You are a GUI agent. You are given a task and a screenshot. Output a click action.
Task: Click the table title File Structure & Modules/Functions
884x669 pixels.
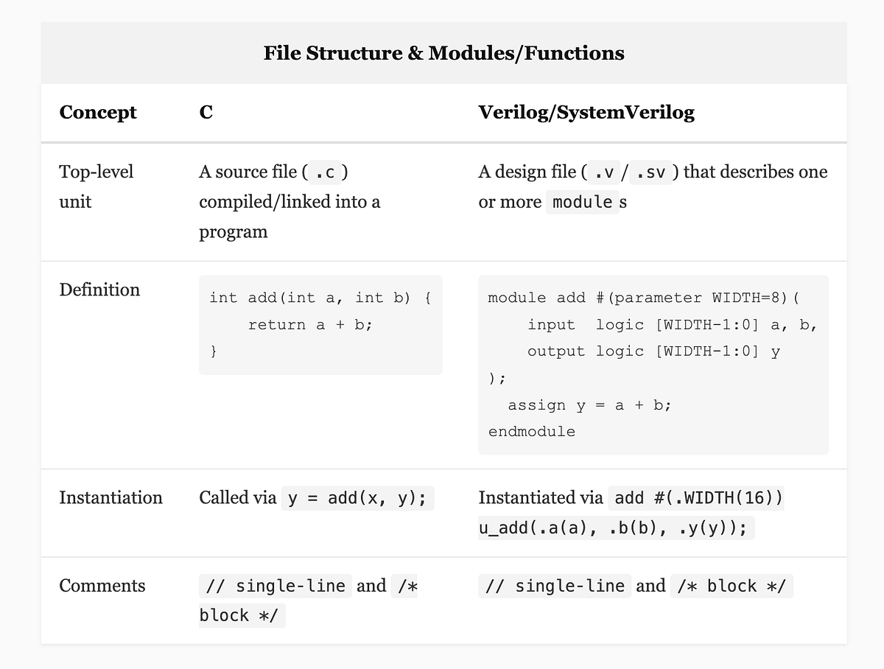pyautogui.click(x=443, y=53)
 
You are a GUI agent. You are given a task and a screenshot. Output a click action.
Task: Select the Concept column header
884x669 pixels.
pyautogui.click(x=98, y=113)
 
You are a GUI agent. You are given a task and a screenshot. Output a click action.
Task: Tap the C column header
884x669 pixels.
pyautogui.click(x=206, y=113)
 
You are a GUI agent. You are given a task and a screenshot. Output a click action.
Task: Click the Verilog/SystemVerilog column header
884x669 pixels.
pyautogui.click(x=586, y=113)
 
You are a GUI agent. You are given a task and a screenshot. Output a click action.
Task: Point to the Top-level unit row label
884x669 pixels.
pyautogui.click(x=96, y=186)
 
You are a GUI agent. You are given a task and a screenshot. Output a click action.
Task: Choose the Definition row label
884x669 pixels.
pyautogui.click(x=99, y=290)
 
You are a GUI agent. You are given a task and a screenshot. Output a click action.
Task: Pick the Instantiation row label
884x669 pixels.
pyautogui.click(x=110, y=497)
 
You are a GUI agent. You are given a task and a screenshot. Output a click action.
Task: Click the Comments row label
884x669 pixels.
pyautogui.click(x=102, y=586)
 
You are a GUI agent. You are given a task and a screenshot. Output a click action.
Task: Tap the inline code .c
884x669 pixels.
pyautogui.click(x=326, y=172)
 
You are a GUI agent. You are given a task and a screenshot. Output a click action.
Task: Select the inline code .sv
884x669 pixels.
pyautogui.click(x=650, y=172)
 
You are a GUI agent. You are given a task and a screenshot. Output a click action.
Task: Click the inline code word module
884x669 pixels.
pyautogui.click(x=582, y=202)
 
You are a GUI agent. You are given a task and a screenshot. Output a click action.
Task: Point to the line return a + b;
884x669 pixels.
pyautogui.click(x=310, y=325)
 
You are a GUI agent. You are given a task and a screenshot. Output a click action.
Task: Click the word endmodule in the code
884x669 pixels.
pyautogui.click(x=531, y=432)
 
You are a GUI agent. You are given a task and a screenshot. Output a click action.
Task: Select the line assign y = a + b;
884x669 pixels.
pyautogui.click(x=589, y=405)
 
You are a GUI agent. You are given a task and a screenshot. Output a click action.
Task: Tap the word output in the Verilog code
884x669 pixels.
pyautogui.click(x=555, y=351)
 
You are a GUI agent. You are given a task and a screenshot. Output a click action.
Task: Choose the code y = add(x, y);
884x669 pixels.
pyautogui.click(x=357, y=498)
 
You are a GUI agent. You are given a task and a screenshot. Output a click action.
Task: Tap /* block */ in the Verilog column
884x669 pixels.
pyautogui.click(x=732, y=586)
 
